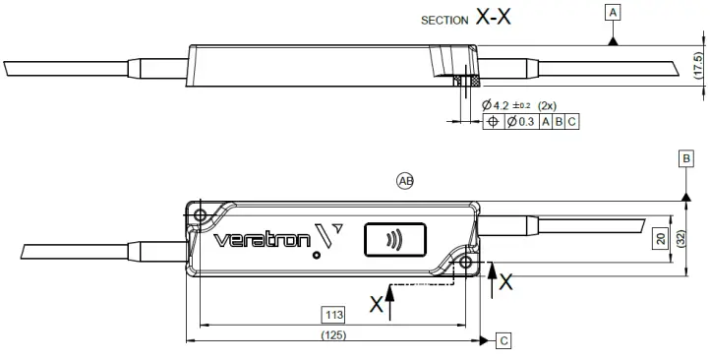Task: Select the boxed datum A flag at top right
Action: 614,13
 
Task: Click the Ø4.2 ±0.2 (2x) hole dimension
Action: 519,104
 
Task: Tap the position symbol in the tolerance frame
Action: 493,122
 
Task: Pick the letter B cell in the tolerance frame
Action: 558,122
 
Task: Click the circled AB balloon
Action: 405,180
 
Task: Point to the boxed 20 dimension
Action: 661,237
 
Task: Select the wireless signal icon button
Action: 394,239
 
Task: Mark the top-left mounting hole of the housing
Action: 201,214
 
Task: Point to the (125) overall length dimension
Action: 334,334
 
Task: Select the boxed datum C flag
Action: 503,341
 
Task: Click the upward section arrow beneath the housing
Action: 391,300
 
